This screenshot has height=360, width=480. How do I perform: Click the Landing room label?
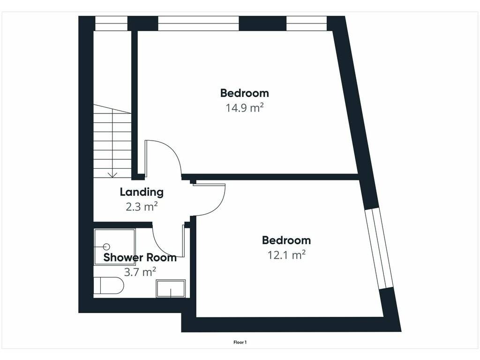pos(142,192)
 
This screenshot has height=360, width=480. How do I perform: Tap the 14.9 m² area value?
pos(245,108)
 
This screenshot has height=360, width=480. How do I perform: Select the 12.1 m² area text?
pos(286,255)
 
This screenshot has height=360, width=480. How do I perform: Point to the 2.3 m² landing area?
pos(142,207)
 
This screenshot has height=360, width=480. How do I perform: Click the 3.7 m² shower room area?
pos(140,272)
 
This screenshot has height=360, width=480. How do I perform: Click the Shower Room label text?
pos(140,257)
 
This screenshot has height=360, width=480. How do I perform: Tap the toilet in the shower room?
pos(109,285)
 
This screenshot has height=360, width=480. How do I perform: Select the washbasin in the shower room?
pos(171,288)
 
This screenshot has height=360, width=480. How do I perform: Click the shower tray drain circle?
pos(107,247)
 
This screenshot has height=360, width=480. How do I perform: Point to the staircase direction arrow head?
pos(112,175)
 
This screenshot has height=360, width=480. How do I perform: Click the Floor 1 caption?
pos(240,342)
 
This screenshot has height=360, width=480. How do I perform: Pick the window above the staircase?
pos(111,23)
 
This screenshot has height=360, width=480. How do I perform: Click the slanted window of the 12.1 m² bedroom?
pos(379,249)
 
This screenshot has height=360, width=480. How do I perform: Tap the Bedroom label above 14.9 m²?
pos(245,93)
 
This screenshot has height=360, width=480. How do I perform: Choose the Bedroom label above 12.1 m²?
pos(286,240)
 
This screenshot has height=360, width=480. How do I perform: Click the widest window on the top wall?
pos(198,23)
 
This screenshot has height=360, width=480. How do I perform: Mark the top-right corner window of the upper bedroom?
pos(307,23)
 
